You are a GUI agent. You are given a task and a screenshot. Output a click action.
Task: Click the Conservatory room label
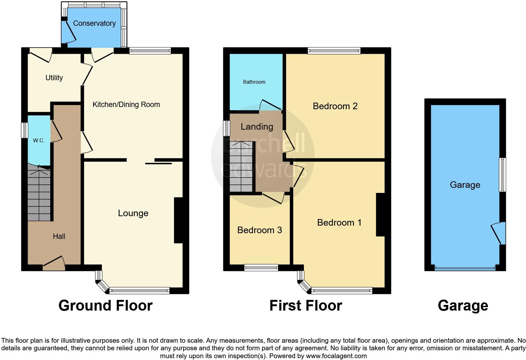(x=94, y=23)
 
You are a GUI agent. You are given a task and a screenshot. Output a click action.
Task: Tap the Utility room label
(x=54, y=78)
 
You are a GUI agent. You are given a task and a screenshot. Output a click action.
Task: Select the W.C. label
(x=39, y=140)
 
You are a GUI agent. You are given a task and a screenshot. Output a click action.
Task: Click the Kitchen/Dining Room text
(x=126, y=104)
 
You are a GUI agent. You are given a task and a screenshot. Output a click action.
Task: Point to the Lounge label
(x=133, y=213)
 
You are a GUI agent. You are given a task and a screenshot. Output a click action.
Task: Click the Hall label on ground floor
(x=59, y=236)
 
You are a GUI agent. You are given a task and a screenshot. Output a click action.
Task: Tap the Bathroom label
(x=254, y=82)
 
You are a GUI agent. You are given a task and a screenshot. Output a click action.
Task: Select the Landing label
(x=257, y=127)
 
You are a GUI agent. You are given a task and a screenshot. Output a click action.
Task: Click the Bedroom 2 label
(x=335, y=106)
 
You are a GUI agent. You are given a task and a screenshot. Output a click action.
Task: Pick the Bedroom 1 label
(x=339, y=222)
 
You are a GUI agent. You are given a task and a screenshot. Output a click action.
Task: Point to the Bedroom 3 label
(x=260, y=230)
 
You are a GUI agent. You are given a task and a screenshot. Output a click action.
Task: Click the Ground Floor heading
(x=105, y=306)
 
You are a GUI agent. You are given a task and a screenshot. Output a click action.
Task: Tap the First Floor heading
(x=305, y=306)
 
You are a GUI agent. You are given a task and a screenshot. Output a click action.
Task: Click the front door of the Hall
(x=54, y=264)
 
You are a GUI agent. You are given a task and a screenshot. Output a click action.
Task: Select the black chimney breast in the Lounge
(x=178, y=220)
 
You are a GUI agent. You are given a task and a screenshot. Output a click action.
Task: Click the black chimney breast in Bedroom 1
(x=380, y=215)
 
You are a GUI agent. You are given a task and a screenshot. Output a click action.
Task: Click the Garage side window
(x=502, y=175)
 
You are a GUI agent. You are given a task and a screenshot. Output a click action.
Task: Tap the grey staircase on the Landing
(x=241, y=167)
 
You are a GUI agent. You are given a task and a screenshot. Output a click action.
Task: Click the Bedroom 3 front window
(x=261, y=267)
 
